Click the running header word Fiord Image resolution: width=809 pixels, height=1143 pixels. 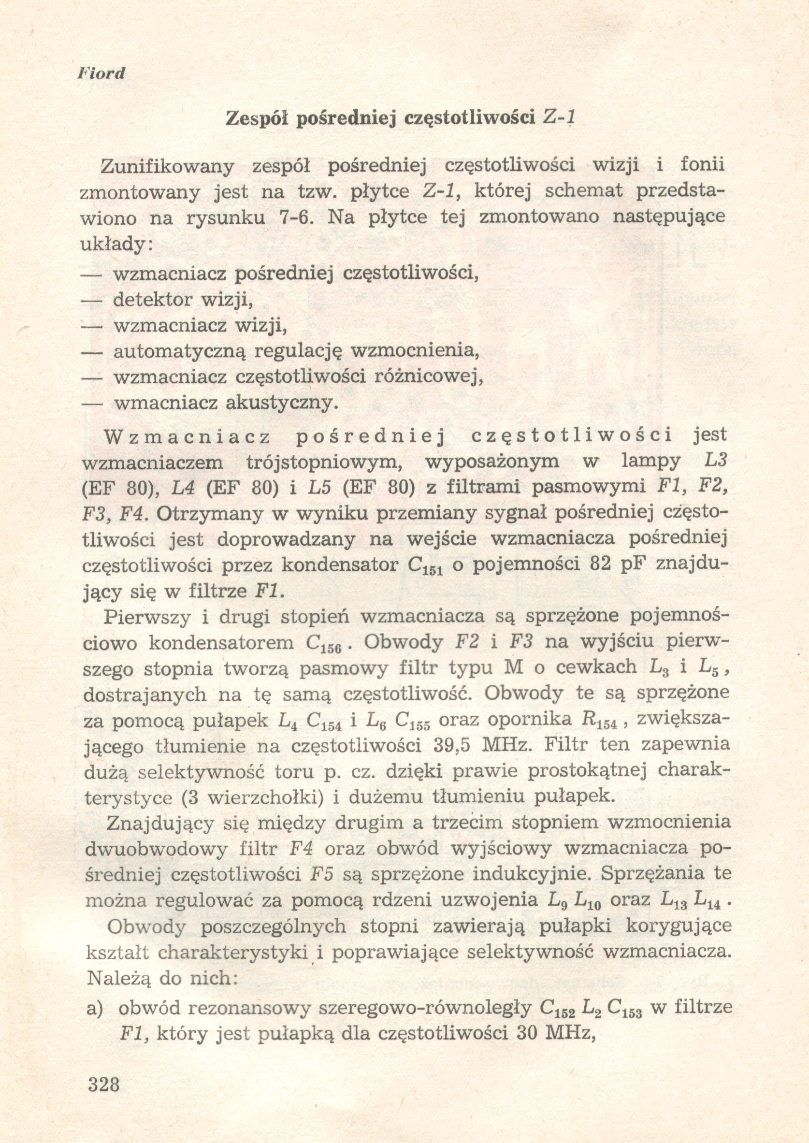101,74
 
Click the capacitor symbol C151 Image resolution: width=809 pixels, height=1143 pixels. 425,567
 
